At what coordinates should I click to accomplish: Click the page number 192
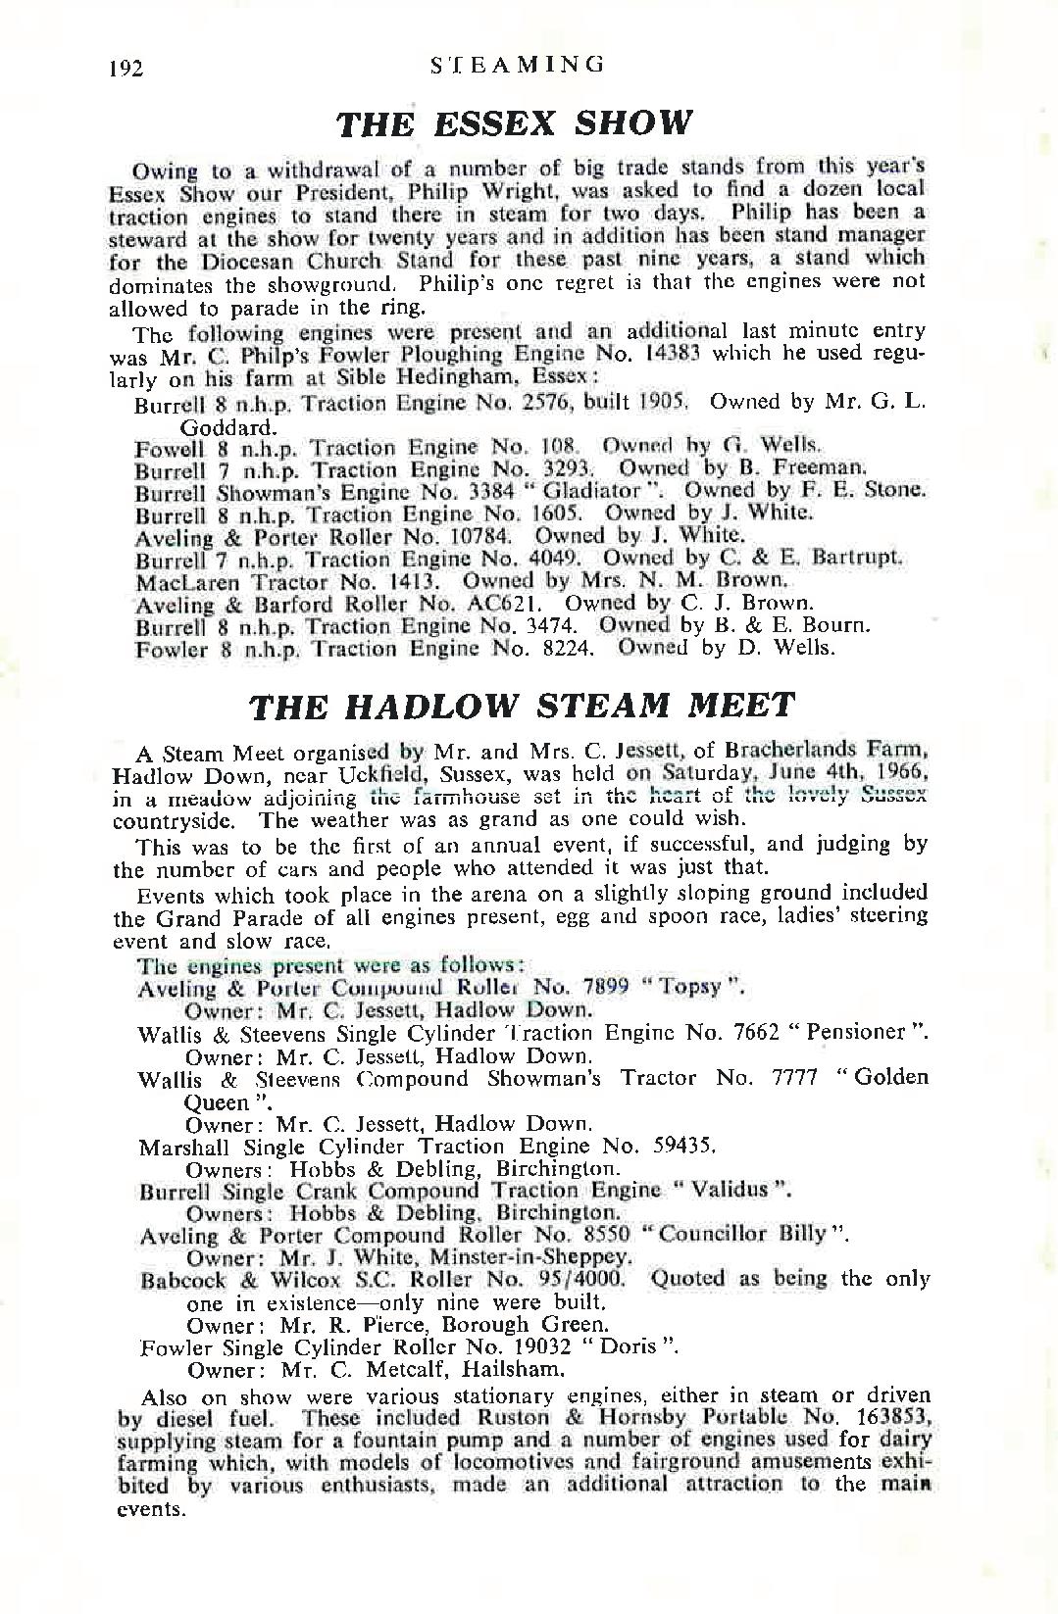click(127, 69)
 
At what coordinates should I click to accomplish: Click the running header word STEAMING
click(518, 65)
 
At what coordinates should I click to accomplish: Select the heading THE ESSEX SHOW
click(515, 123)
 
